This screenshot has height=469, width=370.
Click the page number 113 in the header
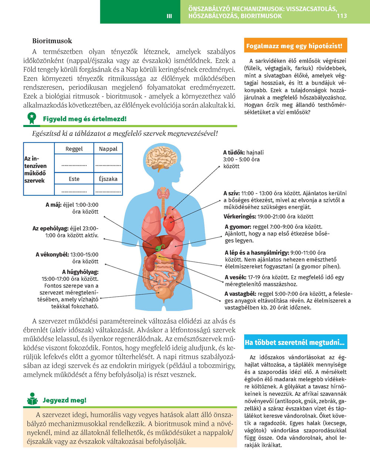coord(342,16)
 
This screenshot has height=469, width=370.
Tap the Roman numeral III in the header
coord(169,16)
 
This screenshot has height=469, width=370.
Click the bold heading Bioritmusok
coord(52,41)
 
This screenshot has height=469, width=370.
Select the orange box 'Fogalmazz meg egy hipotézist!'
coord(296,46)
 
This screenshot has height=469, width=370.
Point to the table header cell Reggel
coord(74,149)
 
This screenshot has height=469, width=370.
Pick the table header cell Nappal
coord(108,149)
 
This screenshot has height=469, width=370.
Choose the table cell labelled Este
coord(74,179)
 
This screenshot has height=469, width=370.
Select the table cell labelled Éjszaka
coord(108,179)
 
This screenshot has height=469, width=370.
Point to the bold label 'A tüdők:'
coord(234,152)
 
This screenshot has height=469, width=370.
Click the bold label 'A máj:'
coord(54,205)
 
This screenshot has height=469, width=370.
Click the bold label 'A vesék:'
coord(236,277)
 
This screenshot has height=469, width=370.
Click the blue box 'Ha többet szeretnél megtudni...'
coord(295,343)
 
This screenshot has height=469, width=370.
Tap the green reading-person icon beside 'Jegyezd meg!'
coord(33,399)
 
